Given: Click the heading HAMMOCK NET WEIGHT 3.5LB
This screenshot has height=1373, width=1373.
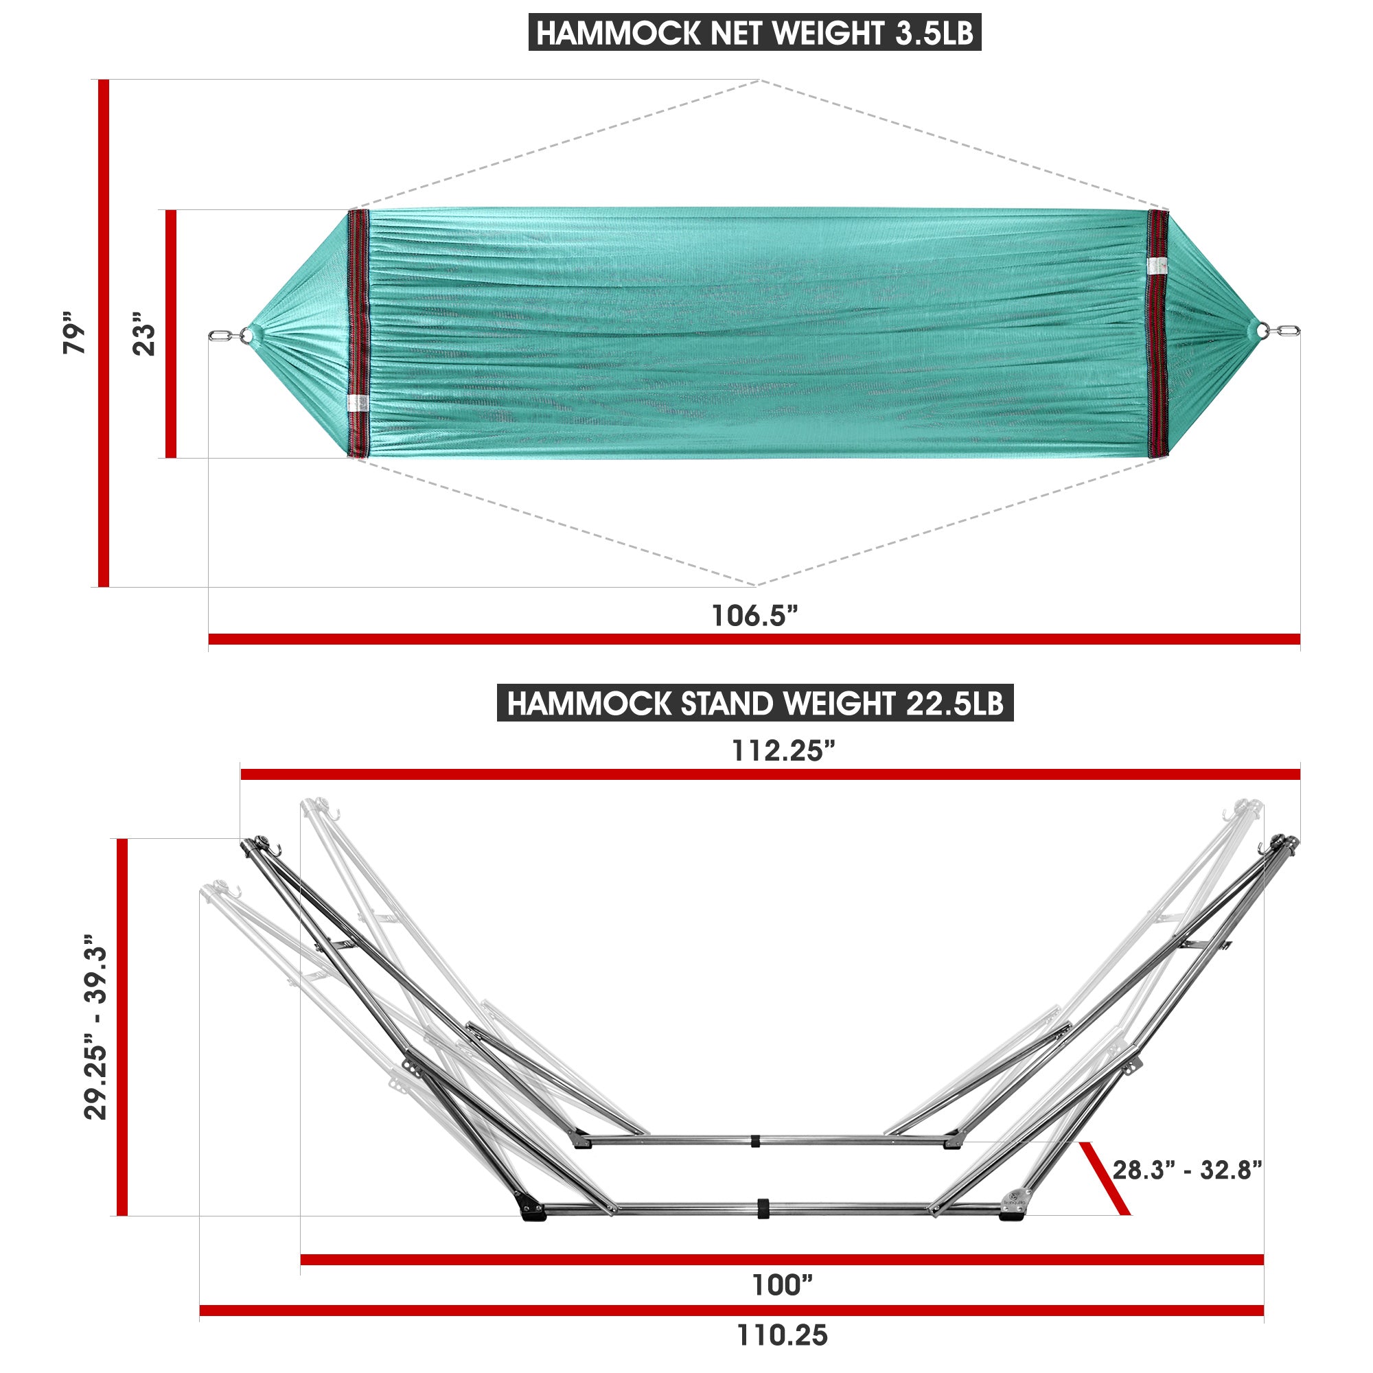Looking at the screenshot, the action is (x=754, y=33).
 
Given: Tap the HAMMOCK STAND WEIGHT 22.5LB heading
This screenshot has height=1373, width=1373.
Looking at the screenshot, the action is (x=754, y=703).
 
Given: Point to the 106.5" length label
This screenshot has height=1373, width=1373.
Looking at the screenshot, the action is (x=754, y=615).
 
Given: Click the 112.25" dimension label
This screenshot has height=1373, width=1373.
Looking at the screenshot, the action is (x=784, y=750).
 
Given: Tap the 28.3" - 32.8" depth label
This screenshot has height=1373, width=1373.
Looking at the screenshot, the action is (x=1187, y=1169).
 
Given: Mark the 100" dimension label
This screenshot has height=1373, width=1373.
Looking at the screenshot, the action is (x=783, y=1285).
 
